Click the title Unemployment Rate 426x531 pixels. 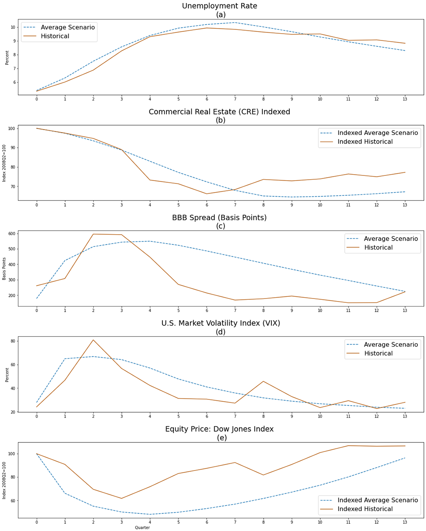pos(219,6)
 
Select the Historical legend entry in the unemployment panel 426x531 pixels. pos(55,36)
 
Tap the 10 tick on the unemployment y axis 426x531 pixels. pos(13,27)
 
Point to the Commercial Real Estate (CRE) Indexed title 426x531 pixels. pos(219,112)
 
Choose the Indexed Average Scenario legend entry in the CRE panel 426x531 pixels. pos(377,133)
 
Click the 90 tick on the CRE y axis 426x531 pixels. pos(12,148)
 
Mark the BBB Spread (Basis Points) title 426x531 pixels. pos(219,218)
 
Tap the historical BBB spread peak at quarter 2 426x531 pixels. pos(93,234)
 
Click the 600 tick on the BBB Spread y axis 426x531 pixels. pos(11,233)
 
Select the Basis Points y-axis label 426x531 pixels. pos(4,268)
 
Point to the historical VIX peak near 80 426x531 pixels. pos(93,340)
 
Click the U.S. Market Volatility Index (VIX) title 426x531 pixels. pos(221,323)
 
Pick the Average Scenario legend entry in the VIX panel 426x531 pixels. pos(391,344)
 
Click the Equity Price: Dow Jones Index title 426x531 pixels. pos(219,429)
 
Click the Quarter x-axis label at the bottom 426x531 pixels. pos(142,528)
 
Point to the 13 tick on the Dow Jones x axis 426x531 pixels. pos(405,522)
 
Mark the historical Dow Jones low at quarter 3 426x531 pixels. pos(121,498)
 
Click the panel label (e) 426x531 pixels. pos(222,438)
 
